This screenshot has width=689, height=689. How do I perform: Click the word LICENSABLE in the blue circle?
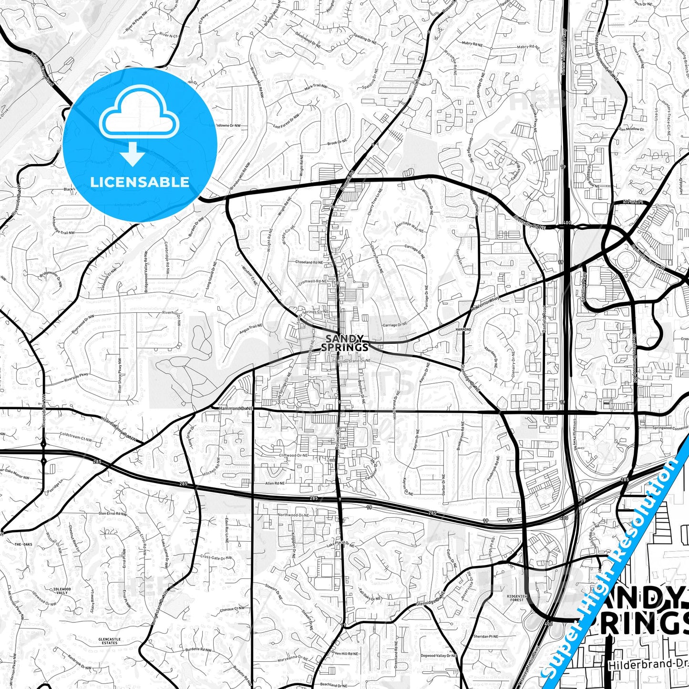140,182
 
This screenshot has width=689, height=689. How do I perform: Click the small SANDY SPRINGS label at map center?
344,343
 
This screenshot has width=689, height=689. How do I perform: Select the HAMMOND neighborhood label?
463,329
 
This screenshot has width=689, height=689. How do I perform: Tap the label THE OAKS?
22,545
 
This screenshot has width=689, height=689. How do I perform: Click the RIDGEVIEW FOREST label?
515,597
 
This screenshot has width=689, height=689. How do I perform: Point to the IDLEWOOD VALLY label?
62,590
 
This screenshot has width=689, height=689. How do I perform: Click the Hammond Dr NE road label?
236,409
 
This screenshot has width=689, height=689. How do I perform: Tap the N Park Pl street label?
633,202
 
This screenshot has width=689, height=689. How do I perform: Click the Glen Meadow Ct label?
630,129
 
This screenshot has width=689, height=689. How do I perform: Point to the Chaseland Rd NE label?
309,262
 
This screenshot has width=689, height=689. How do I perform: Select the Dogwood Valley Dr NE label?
439,656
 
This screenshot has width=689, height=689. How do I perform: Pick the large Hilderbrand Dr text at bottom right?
648,664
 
